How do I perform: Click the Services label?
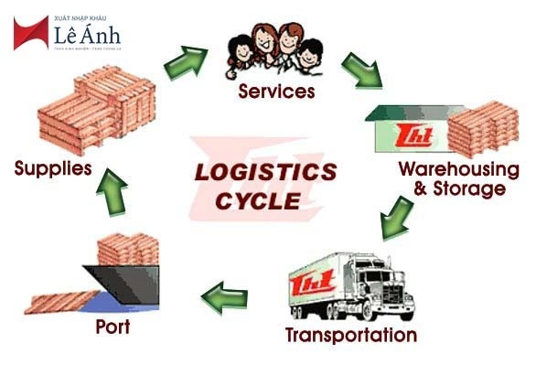pos(276,91)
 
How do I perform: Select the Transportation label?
pos(350,335)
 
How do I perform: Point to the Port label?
pos(113,327)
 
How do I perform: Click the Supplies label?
pos(53,168)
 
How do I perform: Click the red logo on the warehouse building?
pos(407,136)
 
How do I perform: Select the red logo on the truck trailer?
pos(308,286)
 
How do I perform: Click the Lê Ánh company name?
pos(86,35)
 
